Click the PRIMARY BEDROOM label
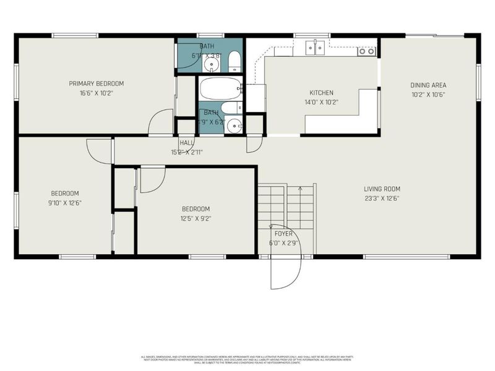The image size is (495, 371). pos(96,83)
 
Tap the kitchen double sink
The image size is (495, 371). pos(316,48)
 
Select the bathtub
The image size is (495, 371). pos(220,88)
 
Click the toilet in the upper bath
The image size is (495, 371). pos(234,61)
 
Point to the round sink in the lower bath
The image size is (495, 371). pos(233,126)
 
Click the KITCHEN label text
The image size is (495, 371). pos(322,93)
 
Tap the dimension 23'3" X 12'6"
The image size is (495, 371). pos(382,198)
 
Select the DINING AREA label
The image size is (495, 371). pos(428,85)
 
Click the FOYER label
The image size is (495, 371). pos(283,234)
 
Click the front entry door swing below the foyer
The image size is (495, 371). pos(285,266)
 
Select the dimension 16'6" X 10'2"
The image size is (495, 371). pos(96,93)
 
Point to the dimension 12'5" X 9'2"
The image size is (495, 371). pos(196,218)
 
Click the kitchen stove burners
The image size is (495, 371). pos(366,51)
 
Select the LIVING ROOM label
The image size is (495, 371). pos(382,189)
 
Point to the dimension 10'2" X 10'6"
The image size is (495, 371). pos(428,95)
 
